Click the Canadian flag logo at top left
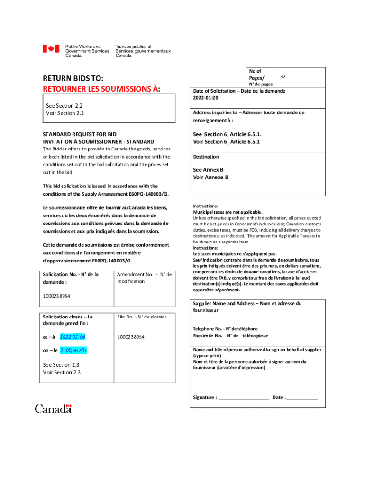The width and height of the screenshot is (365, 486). (x=51, y=48)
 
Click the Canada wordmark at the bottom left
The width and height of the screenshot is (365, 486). (x=53, y=409)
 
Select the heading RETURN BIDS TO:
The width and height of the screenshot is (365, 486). (x=73, y=78)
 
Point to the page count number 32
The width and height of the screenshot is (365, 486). (x=283, y=76)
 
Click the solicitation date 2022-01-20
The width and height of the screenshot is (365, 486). (x=206, y=98)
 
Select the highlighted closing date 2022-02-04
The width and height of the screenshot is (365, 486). (x=73, y=337)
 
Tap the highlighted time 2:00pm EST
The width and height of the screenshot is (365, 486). (x=73, y=351)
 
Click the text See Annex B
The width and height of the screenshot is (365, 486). (x=208, y=169)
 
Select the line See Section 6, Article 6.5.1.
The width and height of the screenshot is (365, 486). (x=227, y=134)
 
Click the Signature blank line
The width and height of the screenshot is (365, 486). (x=243, y=398)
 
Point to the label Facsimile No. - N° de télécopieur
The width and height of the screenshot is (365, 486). (x=230, y=336)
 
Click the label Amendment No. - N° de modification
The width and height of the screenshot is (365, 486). (x=144, y=278)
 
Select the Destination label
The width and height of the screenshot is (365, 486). (x=206, y=157)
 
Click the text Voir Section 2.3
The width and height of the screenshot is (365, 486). (x=62, y=373)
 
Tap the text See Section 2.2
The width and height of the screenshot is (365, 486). (x=62, y=105)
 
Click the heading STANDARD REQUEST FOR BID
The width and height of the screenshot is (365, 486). (x=80, y=134)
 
